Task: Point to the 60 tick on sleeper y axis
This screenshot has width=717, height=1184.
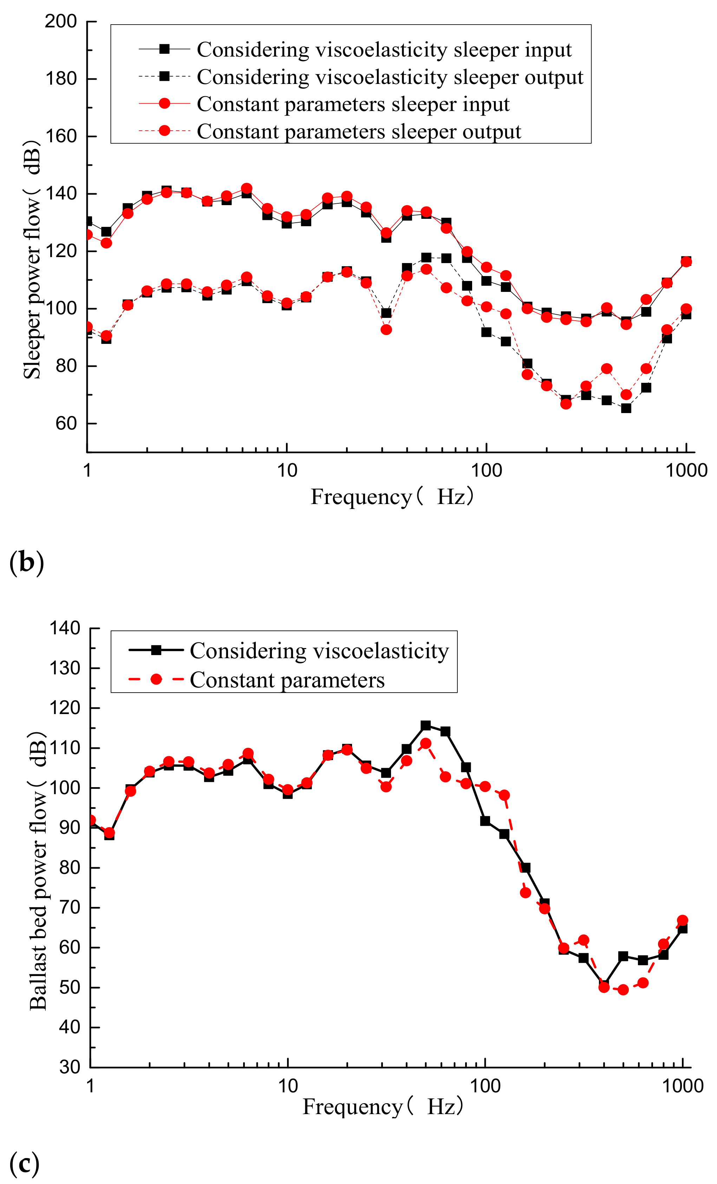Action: click(x=66, y=423)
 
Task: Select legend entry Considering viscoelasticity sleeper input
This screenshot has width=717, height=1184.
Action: click(x=384, y=50)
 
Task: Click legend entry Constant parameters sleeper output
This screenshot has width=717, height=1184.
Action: click(x=358, y=132)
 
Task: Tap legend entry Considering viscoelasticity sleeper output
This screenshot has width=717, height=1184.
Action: click(x=390, y=77)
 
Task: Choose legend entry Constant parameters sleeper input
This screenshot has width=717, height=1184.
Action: click(x=353, y=104)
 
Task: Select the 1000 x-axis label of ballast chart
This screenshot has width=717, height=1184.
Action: click(x=683, y=1086)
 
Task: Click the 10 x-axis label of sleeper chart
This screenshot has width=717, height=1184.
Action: click(x=287, y=470)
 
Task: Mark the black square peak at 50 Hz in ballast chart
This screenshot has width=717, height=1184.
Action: click(x=425, y=726)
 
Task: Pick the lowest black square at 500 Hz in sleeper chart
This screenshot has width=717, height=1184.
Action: click(x=626, y=408)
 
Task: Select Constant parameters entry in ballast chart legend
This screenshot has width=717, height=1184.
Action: click(x=287, y=680)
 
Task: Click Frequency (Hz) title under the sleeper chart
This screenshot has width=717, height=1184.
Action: click(x=392, y=497)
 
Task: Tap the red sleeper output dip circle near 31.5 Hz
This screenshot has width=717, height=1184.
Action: click(x=386, y=330)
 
